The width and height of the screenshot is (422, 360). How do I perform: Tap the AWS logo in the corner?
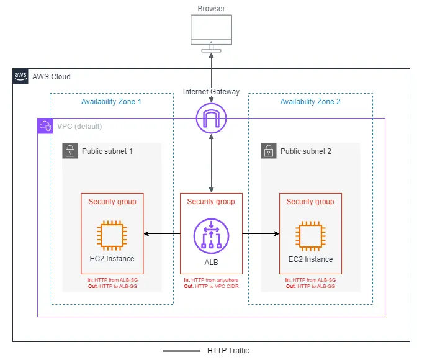pos(20,76)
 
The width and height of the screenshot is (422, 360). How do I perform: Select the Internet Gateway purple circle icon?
pos(211,117)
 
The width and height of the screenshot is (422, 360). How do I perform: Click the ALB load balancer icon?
pos(211,236)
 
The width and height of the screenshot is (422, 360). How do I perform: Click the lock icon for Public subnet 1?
pos(70,151)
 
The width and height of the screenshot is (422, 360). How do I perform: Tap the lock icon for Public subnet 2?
pos(269,151)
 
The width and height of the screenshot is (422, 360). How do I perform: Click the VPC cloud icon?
pos(45,126)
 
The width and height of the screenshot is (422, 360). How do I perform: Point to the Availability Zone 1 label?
pos(112,102)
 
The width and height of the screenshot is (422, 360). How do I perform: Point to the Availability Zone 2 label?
pos(310,102)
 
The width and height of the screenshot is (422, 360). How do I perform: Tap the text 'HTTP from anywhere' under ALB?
pos(214,280)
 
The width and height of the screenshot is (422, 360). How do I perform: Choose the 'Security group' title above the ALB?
pos(211,202)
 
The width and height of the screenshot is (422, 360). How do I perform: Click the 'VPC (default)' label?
pos(79,127)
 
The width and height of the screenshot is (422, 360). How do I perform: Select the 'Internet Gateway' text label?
pos(211,92)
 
